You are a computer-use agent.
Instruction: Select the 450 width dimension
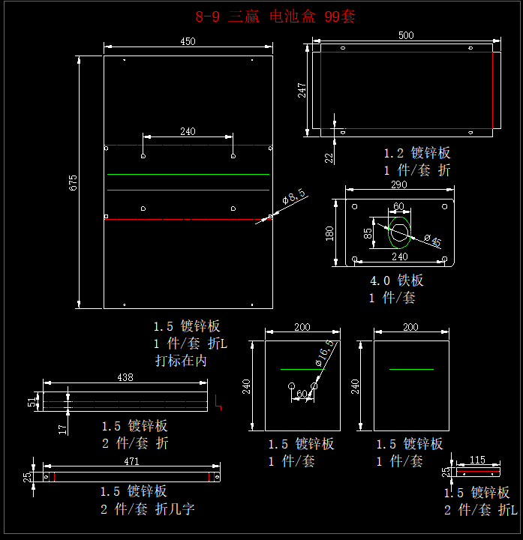[188, 41]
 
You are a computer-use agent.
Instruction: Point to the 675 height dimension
[74, 182]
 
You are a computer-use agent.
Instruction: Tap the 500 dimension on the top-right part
[406, 35]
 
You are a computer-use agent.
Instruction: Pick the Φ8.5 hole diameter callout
[293, 197]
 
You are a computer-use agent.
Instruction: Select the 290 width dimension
[398, 184]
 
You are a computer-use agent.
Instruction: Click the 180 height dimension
[329, 233]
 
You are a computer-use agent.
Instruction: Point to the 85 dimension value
[368, 232]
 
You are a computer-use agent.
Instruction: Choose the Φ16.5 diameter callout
[324, 353]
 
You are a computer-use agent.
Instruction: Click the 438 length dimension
[125, 377]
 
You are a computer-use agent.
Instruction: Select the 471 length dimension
[131, 461]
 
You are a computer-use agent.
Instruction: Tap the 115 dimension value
[477, 459]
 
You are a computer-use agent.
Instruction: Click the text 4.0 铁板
[397, 280]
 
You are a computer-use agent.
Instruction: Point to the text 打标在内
[181, 360]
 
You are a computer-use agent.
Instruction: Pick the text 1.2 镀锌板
[417, 153]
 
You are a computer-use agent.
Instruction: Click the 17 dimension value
[63, 428]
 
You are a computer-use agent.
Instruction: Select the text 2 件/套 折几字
[148, 508]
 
